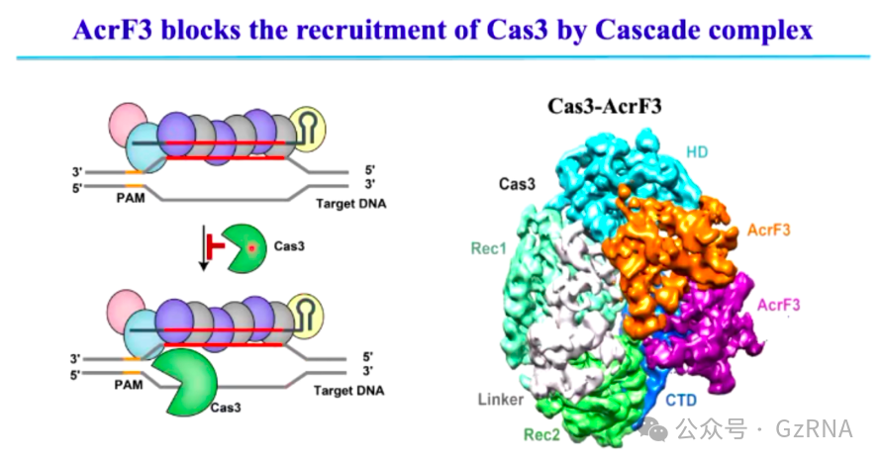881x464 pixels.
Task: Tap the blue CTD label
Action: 680,400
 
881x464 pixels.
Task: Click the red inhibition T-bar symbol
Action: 211,245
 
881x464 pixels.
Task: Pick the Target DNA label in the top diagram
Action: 350,204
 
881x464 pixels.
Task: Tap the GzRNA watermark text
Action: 815,428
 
